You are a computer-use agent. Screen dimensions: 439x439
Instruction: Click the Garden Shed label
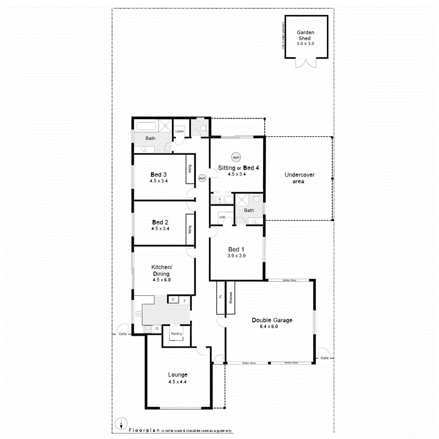[x=306, y=36]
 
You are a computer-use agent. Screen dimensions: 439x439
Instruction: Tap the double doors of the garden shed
[x=306, y=64]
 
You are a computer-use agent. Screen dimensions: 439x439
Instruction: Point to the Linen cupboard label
[x=180, y=131]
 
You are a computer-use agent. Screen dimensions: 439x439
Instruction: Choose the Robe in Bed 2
[x=188, y=229]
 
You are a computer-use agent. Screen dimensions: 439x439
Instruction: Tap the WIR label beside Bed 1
[x=222, y=217]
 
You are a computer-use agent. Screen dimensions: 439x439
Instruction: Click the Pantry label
[x=176, y=334]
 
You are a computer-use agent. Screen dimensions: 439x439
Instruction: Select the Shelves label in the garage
[x=230, y=297]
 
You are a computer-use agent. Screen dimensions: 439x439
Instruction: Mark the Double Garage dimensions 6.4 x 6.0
[x=272, y=327]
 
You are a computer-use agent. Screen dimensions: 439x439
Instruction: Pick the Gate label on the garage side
[x=324, y=358]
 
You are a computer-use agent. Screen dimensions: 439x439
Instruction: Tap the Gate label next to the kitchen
[x=122, y=334]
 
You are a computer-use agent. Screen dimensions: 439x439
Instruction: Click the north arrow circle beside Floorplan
[x=120, y=424]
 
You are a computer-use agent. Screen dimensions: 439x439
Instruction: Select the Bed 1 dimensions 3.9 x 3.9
[x=236, y=256]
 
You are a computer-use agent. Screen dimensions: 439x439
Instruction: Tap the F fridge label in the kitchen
[x=184, y=300]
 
